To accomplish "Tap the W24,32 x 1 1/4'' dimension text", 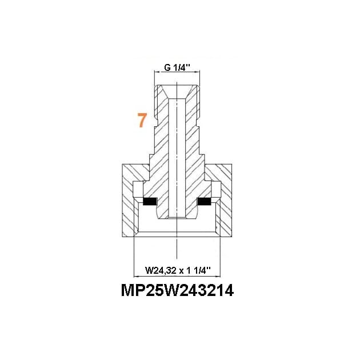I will point(177,269).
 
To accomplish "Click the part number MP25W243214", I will point(177,291).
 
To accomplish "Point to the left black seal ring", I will point(150,202).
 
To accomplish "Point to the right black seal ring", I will point(205,202).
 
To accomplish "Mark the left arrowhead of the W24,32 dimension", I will point(135,274).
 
